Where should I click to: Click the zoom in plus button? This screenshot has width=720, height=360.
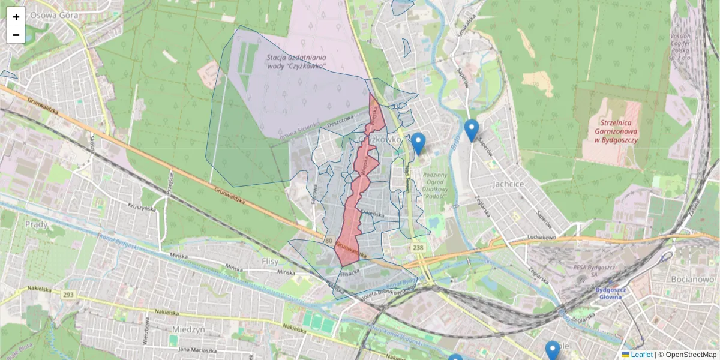click(x=16, y=17)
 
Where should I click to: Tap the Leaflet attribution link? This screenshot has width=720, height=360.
click(x=641, y=355)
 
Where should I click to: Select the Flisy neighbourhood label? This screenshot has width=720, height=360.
click(x=271, y=261)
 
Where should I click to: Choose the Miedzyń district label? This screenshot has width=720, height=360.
click(x=188, y=329)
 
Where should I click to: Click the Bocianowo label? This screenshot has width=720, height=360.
click(x=691, y=280)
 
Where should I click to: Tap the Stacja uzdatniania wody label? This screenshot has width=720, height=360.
click(x=296, y=61)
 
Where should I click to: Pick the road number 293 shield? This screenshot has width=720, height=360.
click(x=68, y=295)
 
